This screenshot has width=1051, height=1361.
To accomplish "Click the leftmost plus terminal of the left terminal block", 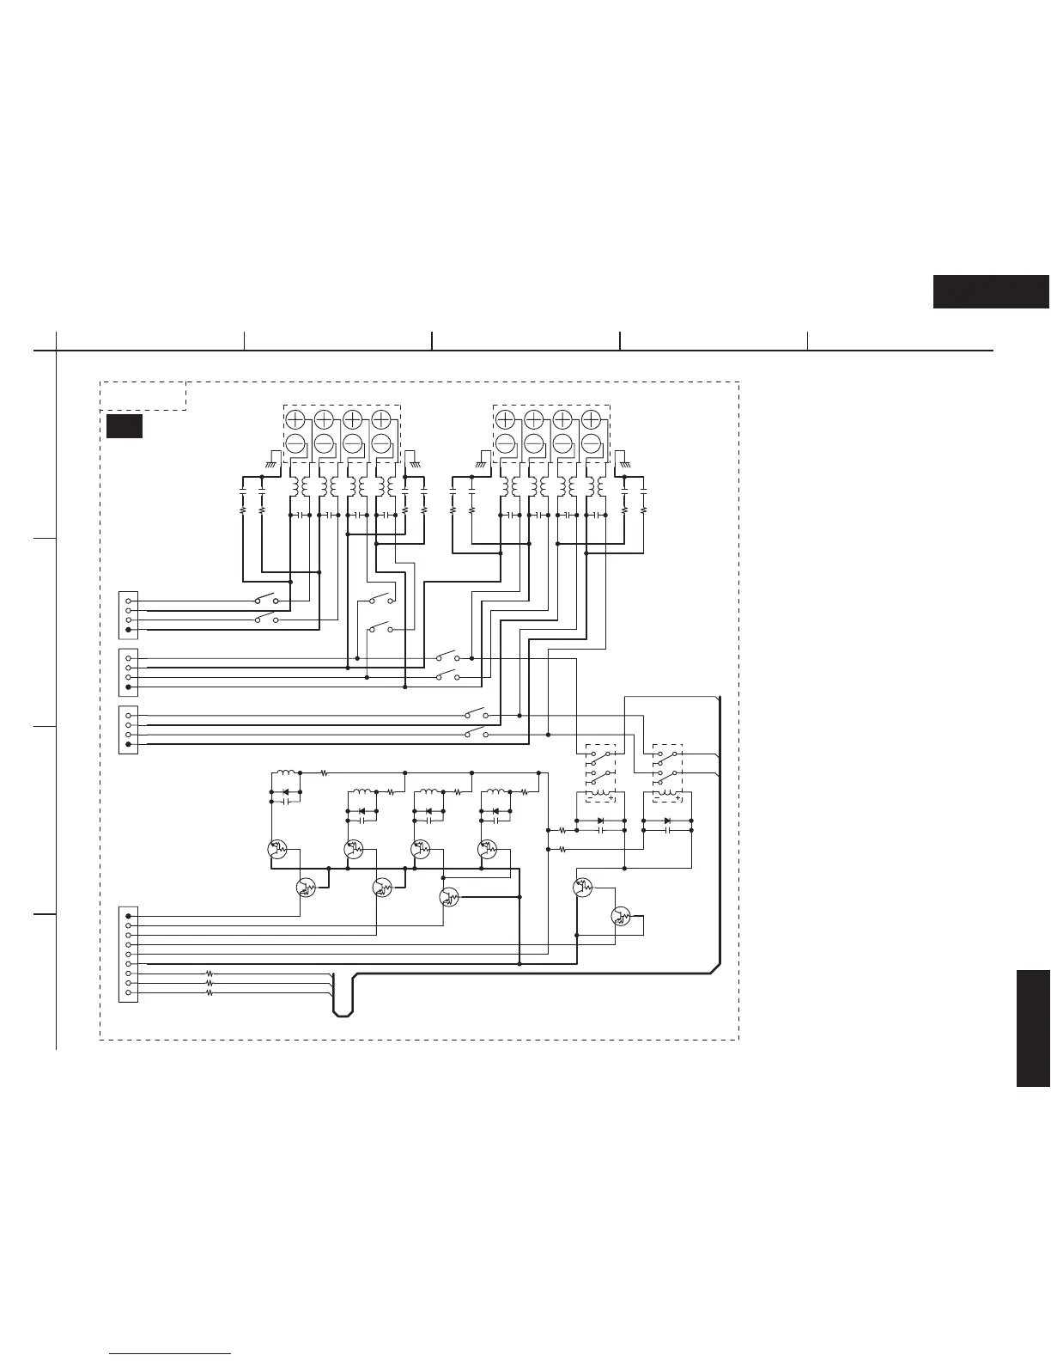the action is [295, 419].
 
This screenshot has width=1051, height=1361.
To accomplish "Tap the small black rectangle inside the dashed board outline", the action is [124, 426].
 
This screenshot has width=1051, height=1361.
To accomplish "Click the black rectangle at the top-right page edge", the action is [991, 292].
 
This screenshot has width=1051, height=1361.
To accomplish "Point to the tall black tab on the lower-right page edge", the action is [1033, 1028].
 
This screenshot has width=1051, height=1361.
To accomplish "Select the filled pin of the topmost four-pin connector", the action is [129, 630].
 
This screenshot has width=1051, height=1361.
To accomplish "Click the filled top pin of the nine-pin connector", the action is [129, 916].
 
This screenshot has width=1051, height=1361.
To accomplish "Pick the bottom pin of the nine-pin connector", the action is [129, 992].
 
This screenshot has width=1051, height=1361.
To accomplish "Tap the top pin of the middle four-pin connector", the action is [129, 658].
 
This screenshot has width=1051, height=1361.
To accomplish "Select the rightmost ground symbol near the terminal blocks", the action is [624, 462].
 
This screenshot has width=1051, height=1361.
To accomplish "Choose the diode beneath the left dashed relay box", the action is [600, 821].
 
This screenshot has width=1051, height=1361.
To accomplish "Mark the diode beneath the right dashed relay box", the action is [667, 821].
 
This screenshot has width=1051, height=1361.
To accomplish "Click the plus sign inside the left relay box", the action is [610, 798].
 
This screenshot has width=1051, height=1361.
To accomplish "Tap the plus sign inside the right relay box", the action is [677, 798].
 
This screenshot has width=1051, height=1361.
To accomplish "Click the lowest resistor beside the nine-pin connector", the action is [209, 992].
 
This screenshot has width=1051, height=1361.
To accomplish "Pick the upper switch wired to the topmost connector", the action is [265, 599].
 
